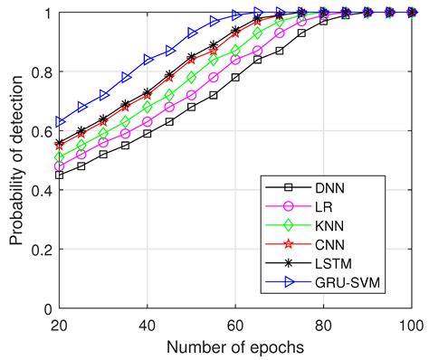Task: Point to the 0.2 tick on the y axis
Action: pos(41,250)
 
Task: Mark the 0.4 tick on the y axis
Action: pos(41,191)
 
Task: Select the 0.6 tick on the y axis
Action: pos(41,131)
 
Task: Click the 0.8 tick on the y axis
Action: pos(41,72)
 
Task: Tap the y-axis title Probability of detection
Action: pos(16,160)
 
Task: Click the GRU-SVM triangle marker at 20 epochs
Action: pos(60,121)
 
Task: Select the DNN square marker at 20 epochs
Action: pos(60,175)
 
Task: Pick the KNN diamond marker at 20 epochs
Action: pos(60,157)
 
